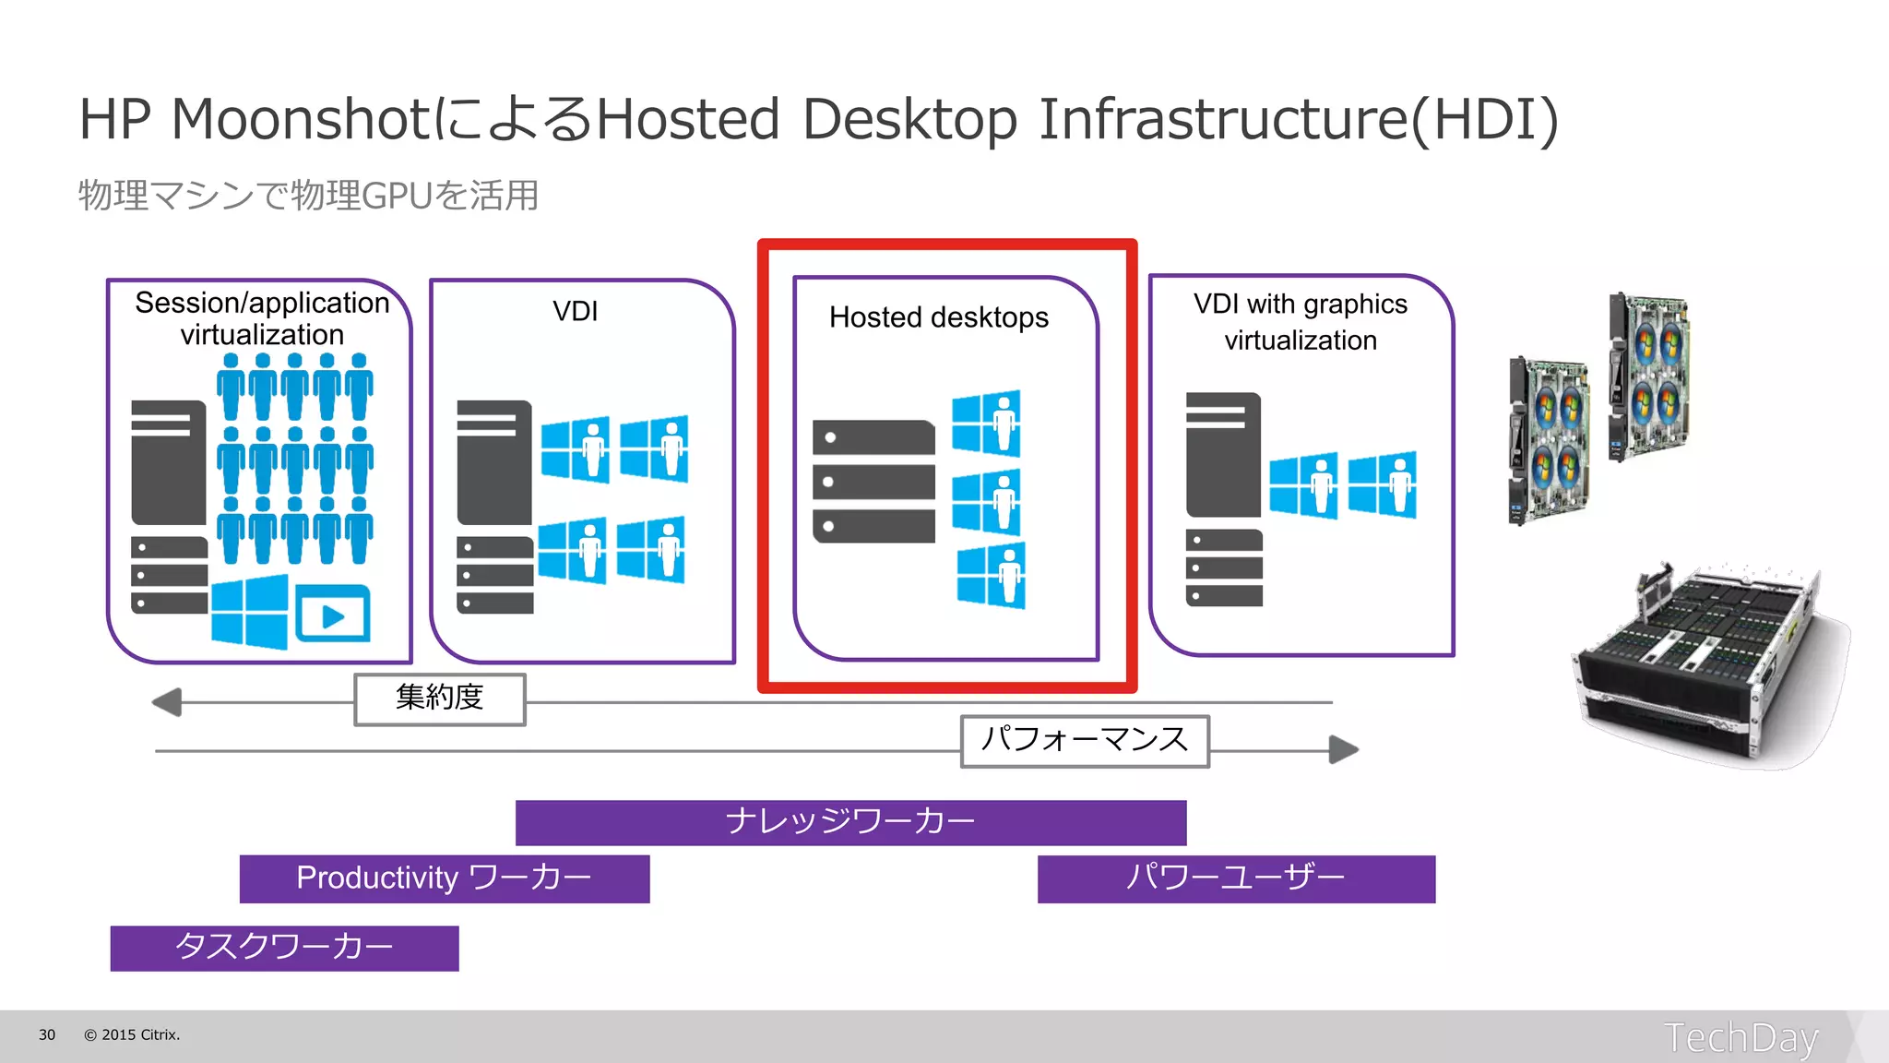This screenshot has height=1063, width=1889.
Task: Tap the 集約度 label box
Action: coord(440,699)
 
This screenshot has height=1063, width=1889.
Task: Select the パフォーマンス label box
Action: coord(1085,741)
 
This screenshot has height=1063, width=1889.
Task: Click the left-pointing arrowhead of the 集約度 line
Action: coord(168,702)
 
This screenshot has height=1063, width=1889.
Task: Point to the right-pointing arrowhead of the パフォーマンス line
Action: coord(1344,749)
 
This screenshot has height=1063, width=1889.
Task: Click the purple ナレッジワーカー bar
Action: coord(850,822)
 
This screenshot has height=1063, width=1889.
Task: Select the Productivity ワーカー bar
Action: coord(444,878)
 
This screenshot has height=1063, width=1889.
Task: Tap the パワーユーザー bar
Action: coord(1236,878)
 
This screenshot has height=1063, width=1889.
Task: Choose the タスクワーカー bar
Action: coord(284,948)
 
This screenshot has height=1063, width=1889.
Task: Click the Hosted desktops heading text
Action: coord(938,317)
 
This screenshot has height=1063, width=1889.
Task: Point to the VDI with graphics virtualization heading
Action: coord(1301,322)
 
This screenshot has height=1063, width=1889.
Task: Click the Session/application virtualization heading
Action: coord(262,318)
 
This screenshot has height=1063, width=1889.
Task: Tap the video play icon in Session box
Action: coord(333,615)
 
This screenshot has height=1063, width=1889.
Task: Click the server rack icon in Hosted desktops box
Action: coord(873,482)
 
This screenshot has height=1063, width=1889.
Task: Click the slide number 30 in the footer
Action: coord(47,1035)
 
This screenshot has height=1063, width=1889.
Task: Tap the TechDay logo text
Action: coord(1740,1038)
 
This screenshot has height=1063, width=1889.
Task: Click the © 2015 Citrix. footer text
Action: coord(132,1035)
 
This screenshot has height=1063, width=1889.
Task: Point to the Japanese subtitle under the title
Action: coord(308,196)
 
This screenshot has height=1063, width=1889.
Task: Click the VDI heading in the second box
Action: coord(575,312)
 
